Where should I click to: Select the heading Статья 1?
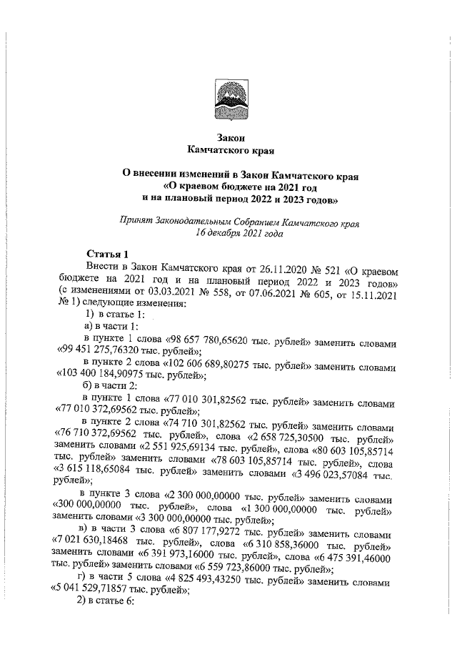pyautogui.click(x=107, y=253)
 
